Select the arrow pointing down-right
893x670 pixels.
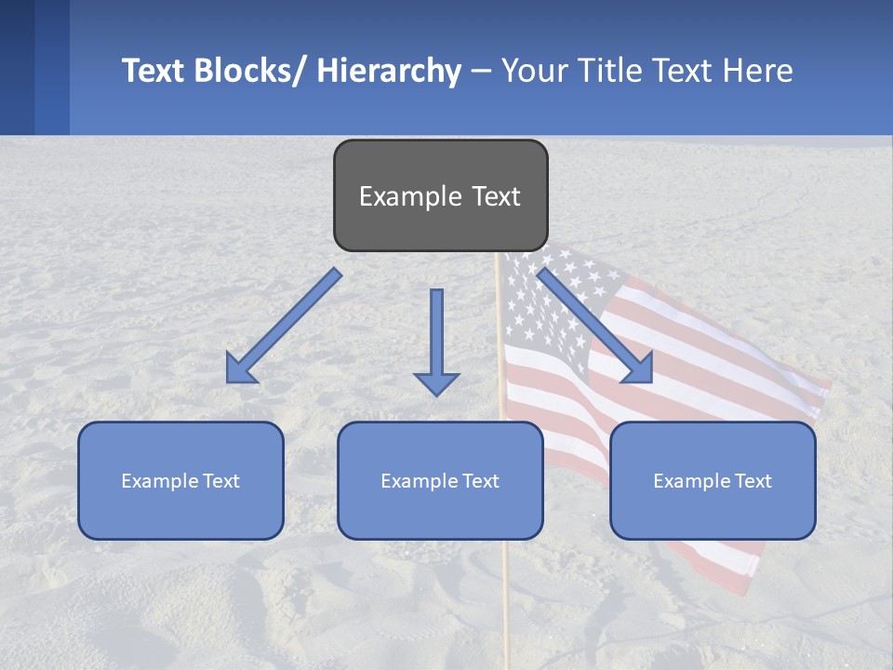pos(595,326)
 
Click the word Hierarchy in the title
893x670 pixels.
pos(389,71)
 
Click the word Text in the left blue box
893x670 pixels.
pos(221,481)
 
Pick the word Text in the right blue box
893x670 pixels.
pos(753,481)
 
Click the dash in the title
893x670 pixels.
pos(481,71)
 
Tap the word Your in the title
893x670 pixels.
pos(533,71)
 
